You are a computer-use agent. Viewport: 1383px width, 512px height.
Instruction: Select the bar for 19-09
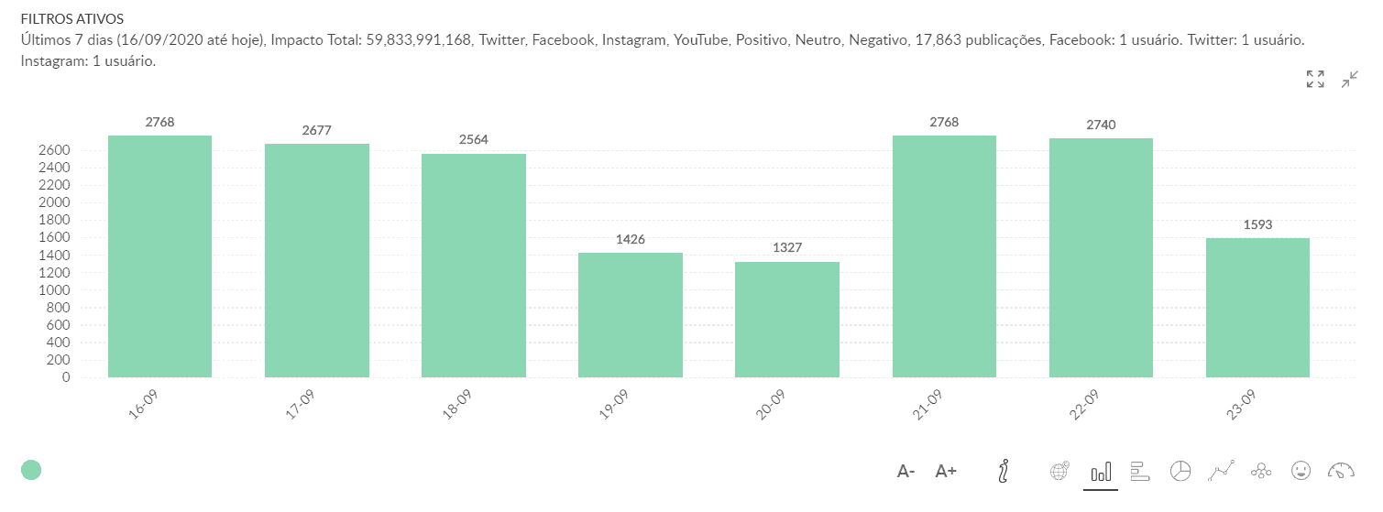coord(631,314)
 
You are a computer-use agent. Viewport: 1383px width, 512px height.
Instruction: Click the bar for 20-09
coord(787,319)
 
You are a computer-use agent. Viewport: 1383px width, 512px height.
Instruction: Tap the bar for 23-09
coord(1257,307)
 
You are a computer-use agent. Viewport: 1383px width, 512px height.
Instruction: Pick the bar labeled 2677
coord(317,260)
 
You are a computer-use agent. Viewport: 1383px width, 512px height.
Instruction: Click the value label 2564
coord(474,140)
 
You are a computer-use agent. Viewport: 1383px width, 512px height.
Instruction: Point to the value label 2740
coord(1101,125)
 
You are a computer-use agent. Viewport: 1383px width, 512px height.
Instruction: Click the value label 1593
coord(1257,224)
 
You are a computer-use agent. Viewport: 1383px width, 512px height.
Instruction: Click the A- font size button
coord(906,472)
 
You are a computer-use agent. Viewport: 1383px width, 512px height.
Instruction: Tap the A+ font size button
coord(946,472)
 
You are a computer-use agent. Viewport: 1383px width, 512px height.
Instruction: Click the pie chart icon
coord(1180,471)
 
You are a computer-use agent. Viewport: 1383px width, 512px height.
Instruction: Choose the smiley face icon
coord(1301,471)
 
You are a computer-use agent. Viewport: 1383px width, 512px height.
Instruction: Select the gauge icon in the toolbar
coord(1340,471)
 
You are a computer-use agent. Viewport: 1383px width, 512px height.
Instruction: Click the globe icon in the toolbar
coord(1059,471)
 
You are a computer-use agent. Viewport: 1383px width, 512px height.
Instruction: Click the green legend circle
coord(31,470)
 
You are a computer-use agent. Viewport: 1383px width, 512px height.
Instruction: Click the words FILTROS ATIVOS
coord(72,18)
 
